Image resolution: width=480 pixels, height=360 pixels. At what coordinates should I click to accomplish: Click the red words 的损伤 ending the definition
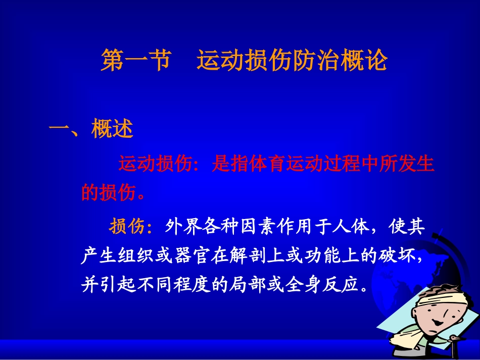tap(108, 192)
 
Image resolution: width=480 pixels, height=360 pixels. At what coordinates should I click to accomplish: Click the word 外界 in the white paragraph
tap(180, 227)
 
